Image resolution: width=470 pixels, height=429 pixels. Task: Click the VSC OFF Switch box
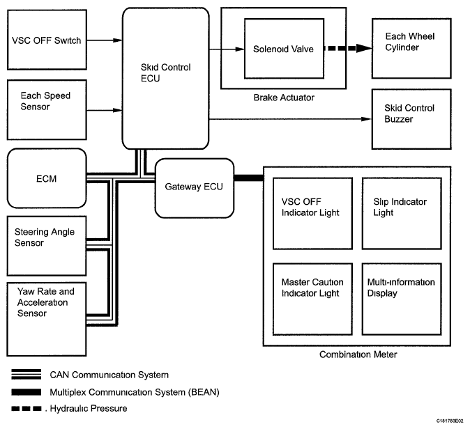(x=46, y=40)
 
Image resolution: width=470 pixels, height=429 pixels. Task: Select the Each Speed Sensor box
(x=46, y=110)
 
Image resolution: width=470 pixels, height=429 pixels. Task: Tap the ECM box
(x=46, y=179)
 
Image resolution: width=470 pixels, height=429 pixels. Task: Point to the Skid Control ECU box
(x=165, y=78)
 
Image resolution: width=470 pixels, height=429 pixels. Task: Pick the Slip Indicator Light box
(x=402, y=212)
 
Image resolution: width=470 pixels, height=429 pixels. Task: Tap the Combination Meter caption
(x=358, y=354)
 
